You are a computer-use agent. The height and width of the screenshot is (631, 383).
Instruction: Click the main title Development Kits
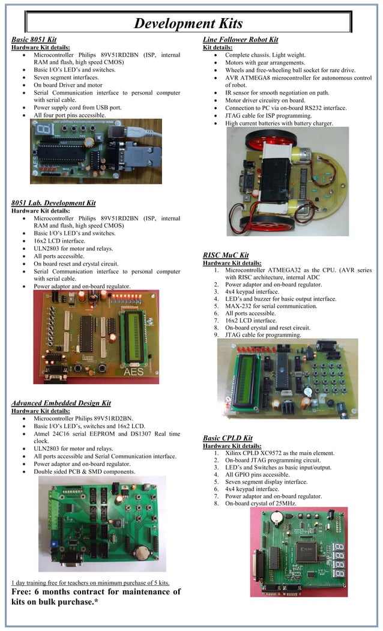(188, 23)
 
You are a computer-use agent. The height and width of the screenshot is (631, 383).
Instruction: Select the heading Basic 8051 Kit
(34, 39)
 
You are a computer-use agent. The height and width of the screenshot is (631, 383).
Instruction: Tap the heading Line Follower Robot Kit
(241, 40)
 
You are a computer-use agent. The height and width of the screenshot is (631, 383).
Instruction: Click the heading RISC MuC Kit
(226, 255)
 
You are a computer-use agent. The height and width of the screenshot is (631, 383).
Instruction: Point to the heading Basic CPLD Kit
(228, 438)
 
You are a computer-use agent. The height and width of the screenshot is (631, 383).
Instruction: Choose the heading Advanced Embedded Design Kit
(61, 403)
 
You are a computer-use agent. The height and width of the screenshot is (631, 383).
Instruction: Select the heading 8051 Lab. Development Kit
(53, 203)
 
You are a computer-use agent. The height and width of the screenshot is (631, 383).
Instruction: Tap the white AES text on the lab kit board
(133, 372)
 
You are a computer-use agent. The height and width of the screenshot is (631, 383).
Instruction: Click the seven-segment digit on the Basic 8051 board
(43, 130)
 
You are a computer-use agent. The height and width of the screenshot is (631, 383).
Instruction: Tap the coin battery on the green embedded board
(142, 552)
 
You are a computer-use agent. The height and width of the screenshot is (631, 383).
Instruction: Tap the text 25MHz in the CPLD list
(285, 503)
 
